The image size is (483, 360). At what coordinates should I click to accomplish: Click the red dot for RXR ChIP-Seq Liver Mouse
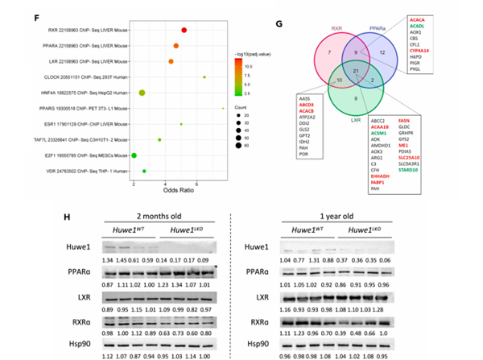184,31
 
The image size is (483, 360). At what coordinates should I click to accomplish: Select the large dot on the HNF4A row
142,93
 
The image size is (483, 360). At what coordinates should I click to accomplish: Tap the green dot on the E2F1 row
134,155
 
